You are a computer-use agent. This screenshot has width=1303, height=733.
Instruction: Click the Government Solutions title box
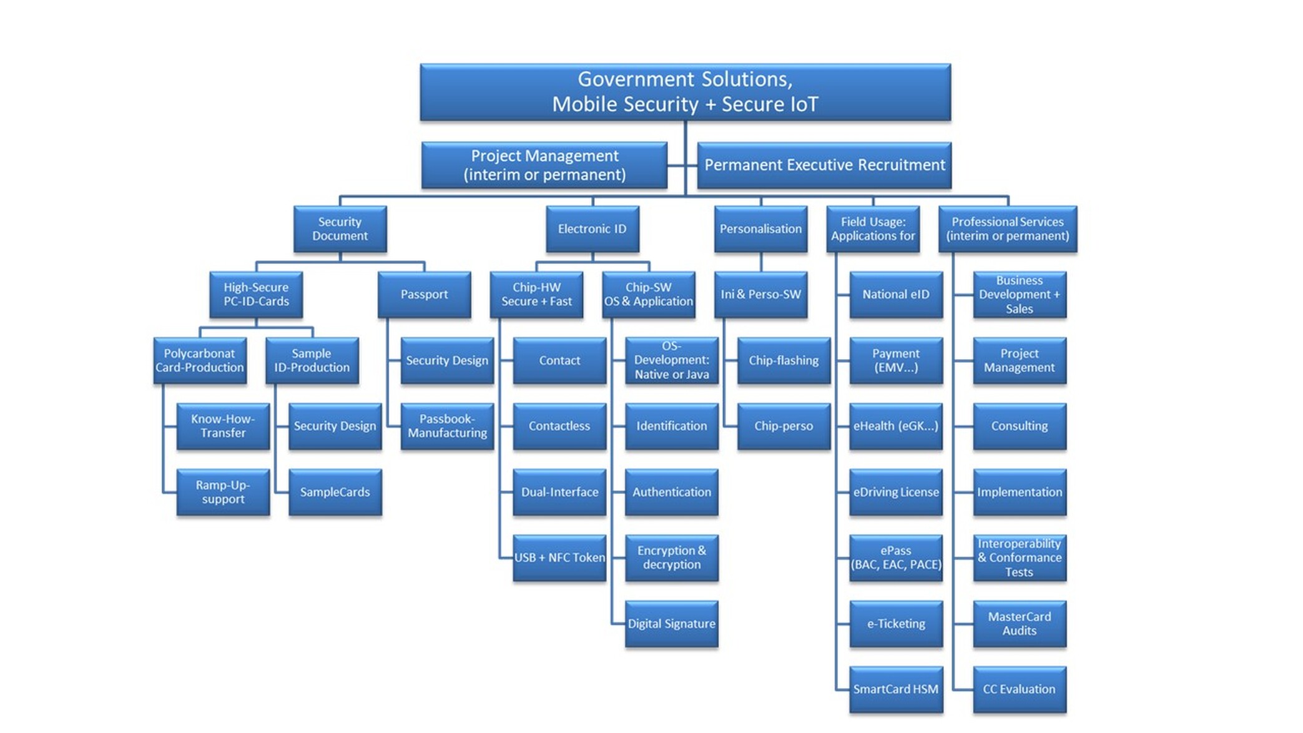(x=685, y=92)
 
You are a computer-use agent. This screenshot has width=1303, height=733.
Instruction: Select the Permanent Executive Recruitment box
(x=824, y=165)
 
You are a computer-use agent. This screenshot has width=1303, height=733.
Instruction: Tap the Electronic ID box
(x=592, y=229)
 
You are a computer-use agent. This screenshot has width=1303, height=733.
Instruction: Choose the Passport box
(x=424, y=295)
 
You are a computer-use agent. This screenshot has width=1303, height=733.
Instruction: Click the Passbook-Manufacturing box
(x=447, y=426)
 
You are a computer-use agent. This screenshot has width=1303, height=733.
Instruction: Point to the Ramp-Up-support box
(x=223, y=492)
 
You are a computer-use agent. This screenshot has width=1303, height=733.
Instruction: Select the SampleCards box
(x=335, y=492)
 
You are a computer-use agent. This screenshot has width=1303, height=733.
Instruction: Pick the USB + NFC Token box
(x=559, y=558)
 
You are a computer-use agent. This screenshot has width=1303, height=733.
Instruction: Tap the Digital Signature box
(x=671, y=624)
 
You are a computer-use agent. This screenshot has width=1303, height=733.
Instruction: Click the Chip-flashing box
(x=784, y=360)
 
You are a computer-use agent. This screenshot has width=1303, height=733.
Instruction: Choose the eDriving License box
(x=896, y=492)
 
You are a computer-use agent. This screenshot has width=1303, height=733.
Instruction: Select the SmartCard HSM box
(x=896, y=689)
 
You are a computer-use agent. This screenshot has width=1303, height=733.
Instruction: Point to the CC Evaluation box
(x=1019, y=689)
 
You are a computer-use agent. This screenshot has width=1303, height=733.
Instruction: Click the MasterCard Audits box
(x=1019, y=624)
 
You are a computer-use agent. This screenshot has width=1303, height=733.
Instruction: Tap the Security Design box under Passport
(x=447, y=360)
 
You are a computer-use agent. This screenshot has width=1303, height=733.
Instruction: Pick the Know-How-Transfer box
(x=223, y=426)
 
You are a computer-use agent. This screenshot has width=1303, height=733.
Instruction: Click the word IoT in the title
(x=801, y=104)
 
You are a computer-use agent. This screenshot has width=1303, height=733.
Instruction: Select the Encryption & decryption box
(x=671, y=558)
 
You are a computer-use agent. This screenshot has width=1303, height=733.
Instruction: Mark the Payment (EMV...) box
(x=896, y=360)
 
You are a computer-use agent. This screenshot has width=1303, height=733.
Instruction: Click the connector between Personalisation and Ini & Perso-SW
(x=761, y=262)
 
